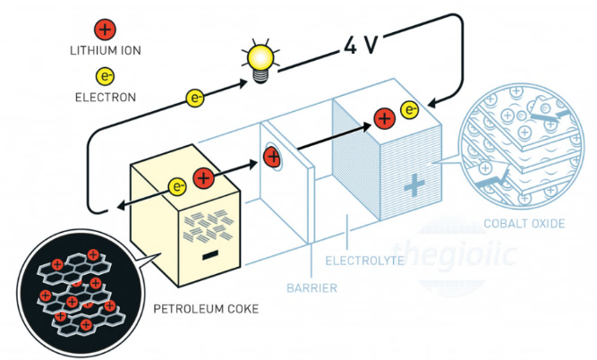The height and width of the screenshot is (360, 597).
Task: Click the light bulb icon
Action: pyautogui.click(x=260, y=62)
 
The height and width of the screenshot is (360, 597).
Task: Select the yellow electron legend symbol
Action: pyautogui.click(x=105, y=76)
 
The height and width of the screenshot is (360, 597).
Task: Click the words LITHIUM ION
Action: pyautogui.click(x=105, y=49)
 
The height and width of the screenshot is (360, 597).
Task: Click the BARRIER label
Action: pyautogui.click(x=311, y=288)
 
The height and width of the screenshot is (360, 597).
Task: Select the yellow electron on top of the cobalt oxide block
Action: pyautogui.click(x=410, y=111)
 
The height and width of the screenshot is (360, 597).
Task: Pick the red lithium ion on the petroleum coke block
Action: pyautogui.click(x=203, y=178)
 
